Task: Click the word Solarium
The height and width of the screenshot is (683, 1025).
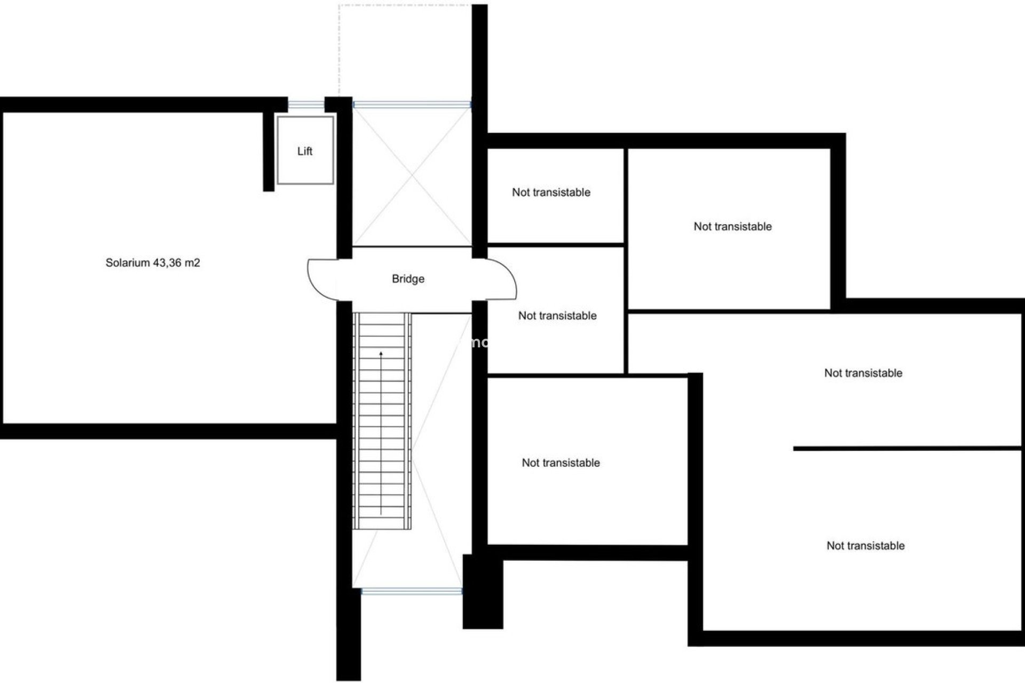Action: (x=128, y=263)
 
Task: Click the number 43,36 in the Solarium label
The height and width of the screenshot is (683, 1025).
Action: (x=168, y=263)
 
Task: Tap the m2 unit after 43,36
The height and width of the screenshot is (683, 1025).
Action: (x=193, y=263)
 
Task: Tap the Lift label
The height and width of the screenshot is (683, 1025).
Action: (x=305, y=152)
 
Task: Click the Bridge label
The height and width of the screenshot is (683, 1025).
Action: (x=408, y=279)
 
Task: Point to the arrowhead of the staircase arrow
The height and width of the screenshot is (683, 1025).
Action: (x=381, y=353)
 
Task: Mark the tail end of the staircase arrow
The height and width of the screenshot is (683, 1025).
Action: (x=381, y=513)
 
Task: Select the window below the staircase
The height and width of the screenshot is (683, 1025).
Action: (x=412, y=591)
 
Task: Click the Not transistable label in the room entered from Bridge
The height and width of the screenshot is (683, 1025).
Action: (x=557, y=316)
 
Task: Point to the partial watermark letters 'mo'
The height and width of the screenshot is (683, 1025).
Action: (x=477, y=343)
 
